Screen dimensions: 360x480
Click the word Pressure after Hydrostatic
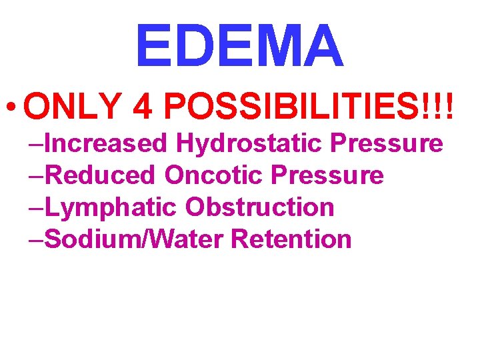[387, 143]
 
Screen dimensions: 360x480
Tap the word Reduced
[101, 175]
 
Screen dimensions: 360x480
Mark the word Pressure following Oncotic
[327, 175]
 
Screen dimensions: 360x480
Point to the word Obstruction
[259, 207]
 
